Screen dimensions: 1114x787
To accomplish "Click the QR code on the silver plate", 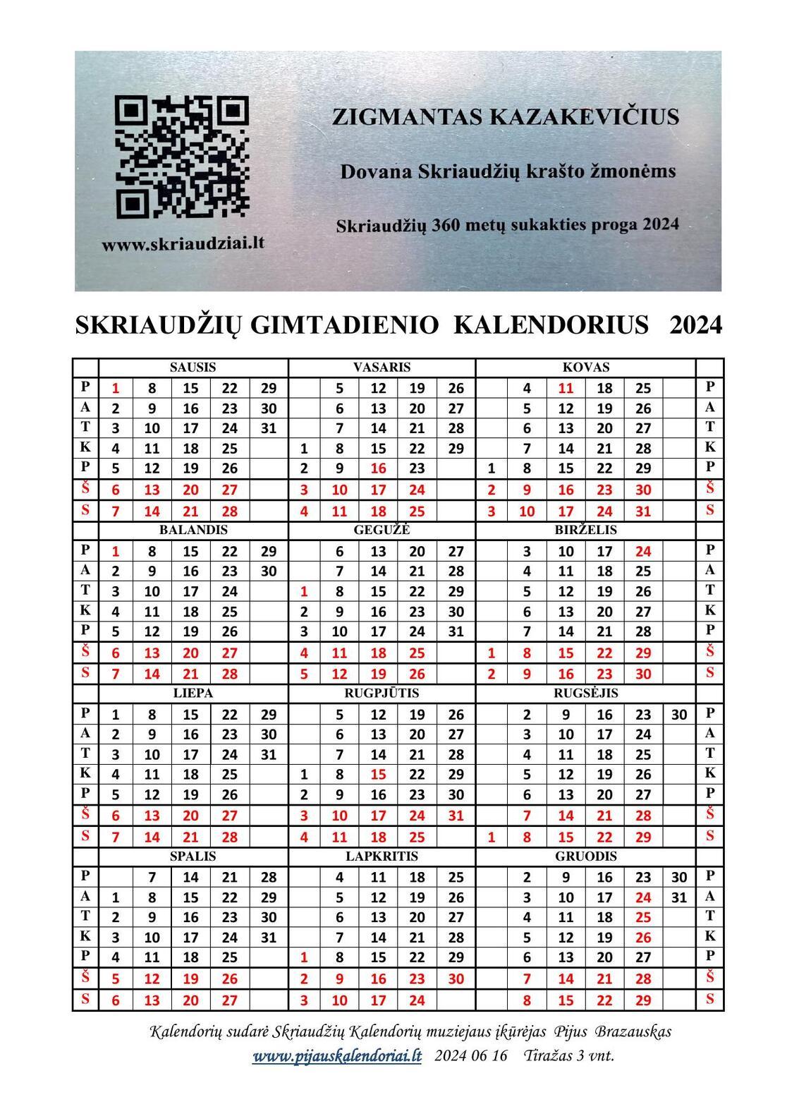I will pyautogui.click(x=181, y=157).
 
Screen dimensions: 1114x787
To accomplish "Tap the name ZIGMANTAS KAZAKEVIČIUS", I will pyautogui.click(x=506, y=117).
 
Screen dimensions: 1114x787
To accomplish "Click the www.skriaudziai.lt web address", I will pyautogui.click(x=183, y=244).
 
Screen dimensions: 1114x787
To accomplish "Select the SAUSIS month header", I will pyautogui.click(x=193, y=368).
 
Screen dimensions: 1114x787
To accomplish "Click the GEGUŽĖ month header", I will pyautogui.click(x=382, y=530).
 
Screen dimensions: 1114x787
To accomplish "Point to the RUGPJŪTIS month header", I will pyautogui.click(x=382, y=694).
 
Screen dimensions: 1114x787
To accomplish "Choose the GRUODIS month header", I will pyautogui.click(x=586, y=856).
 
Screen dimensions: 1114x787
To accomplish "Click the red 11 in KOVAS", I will pyautogui.click(x=566, y=388).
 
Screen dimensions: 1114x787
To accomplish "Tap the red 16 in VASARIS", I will pyautogui.click(x=378, y=468).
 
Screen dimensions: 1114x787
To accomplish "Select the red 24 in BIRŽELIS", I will pyautogui.click(x=642, y=551).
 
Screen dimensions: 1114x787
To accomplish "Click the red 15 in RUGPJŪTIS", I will pyautogui.click(x=378, y=775).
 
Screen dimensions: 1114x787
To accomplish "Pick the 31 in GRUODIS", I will pyautogui.click(x=679, y=898).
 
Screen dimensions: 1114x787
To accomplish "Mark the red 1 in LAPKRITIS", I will pyautogui.click(x=304, y=958).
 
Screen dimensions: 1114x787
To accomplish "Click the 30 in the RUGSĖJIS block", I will pyautogui.click(x=679, y=715).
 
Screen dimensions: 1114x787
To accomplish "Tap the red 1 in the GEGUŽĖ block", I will pyautogui.click(x=304, y=591).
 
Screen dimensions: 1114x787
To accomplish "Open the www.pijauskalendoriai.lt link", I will pyautogui.click(x=337, y=1056).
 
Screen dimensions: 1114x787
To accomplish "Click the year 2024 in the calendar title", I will pyautogui.click(x=696, y=325).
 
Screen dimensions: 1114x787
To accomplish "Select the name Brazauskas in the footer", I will pyautogui.click(x=633, y=1032).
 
